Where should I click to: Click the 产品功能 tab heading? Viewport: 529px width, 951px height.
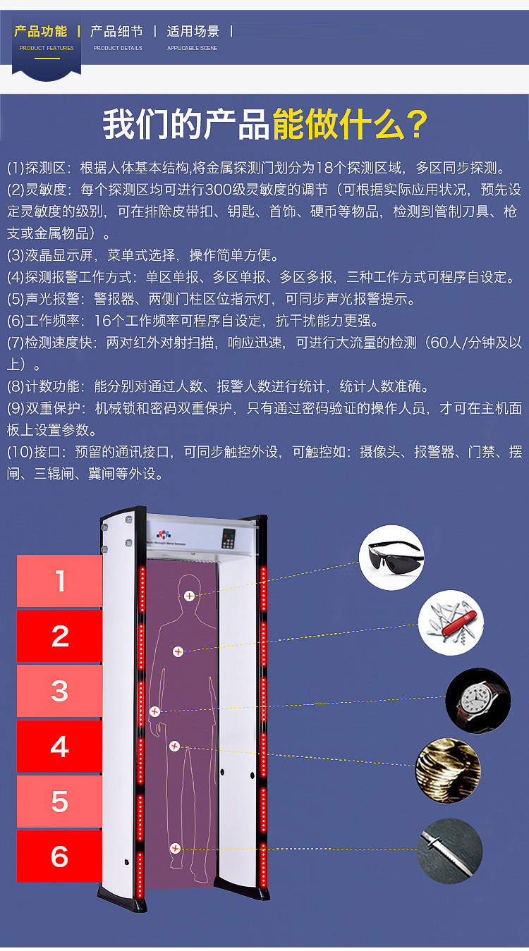(41, 32)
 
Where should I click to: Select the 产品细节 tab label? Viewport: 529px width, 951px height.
(117, 32)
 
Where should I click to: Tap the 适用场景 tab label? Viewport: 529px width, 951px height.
(193, 32)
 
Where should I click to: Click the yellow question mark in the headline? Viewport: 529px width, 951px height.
(413, 124)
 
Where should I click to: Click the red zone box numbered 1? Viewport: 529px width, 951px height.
(59, 581)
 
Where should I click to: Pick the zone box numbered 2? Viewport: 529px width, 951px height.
(59, 636)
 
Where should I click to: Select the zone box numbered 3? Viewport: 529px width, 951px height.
(59, 691)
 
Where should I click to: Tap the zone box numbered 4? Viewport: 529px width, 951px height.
(59, 747)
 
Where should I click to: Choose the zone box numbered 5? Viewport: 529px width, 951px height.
(59, 802)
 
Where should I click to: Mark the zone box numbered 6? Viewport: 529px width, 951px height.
(59, 857)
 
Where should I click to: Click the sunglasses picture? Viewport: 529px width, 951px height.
(391, 558)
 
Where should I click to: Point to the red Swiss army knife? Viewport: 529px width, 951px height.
(451, 622)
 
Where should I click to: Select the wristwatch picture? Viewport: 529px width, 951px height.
(478, 701)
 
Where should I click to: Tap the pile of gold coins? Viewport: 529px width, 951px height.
(448, 771)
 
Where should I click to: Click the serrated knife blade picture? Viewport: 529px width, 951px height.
(450, 851)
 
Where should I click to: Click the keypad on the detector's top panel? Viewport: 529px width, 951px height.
(229, 539)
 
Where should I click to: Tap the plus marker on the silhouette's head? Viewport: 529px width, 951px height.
(189, 596)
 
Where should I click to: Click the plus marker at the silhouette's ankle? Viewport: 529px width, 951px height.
(175, 848)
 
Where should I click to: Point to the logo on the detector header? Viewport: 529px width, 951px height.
(164, 535)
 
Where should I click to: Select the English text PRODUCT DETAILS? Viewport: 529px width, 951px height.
(118, 48)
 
